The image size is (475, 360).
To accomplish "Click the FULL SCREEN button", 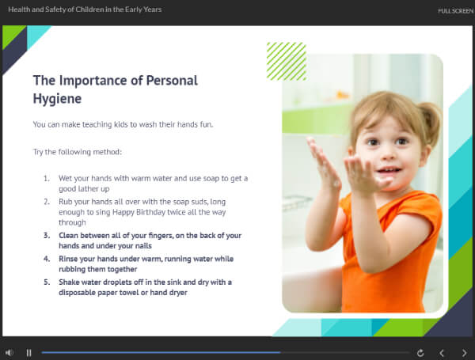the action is [455, 11].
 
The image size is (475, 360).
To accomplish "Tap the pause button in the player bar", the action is [28, 353].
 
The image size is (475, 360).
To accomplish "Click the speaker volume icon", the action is [9, 353].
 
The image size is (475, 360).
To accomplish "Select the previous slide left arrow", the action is [442, 353].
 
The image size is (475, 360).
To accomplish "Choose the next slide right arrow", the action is [465, 353].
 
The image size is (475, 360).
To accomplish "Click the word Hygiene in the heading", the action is [57, 99].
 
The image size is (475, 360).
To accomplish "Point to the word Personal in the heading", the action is [172, 81].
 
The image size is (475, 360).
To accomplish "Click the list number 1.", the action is [47, 179].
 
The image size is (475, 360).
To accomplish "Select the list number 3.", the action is [47, 236].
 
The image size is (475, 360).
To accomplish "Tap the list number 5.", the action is [47, 282].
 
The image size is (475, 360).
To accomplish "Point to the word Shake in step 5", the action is [69, 282].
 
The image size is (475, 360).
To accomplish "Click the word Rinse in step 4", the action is [68, 259].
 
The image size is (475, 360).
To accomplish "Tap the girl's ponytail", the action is [430, 121].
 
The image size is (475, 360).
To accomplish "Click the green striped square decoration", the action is [287, 62].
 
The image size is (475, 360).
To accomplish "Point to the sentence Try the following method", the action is [78, 152].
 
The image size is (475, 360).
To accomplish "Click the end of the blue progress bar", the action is [280, 352].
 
